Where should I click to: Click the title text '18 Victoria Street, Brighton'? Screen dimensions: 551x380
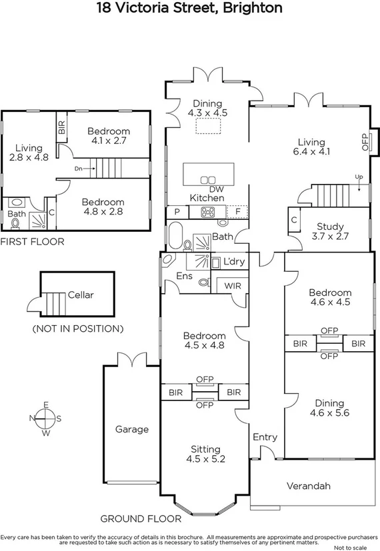tap(189, 9)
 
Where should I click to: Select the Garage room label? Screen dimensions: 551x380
tap(132, 430)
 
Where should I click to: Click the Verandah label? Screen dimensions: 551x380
tap(308, 486)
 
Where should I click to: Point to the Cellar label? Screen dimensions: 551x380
tap(81, 295)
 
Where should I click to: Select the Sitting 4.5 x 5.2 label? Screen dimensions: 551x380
tap(204, 454)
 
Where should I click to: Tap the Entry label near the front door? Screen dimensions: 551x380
tap(265, 437)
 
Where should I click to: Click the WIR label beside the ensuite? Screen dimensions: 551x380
tap(232, 285)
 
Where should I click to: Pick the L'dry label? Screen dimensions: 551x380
tap(234, 263)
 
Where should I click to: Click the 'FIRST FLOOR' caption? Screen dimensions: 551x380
tap(32, 242)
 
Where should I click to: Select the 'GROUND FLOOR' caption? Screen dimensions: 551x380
tap(141, 518)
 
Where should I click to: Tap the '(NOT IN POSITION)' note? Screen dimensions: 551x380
tap(78, 328)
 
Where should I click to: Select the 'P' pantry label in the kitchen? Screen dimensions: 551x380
tap(177, 213)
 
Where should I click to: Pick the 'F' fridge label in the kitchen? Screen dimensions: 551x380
tap(237, 213)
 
